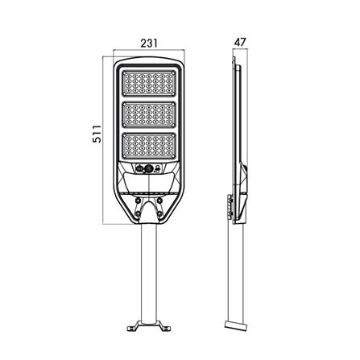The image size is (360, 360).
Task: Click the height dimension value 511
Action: click(x=95, y=136)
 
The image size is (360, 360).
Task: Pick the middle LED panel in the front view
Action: click(x=149, y=117)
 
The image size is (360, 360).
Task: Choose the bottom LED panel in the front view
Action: click(x=149, y=148)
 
